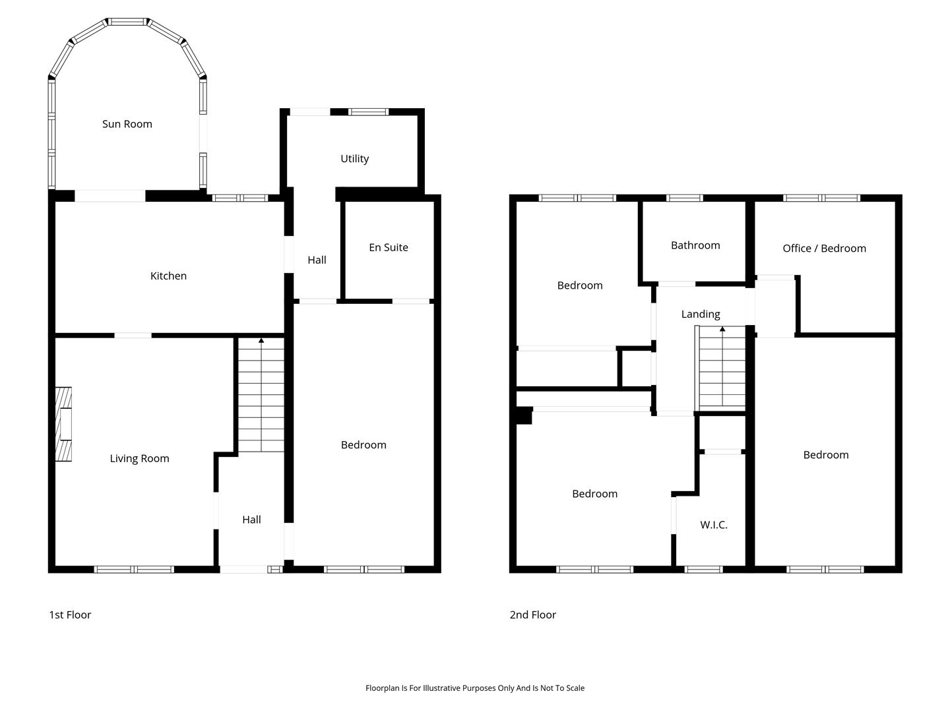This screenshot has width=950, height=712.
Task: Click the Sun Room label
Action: [x=127, y=124]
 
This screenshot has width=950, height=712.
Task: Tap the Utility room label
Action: [x=354, y=159]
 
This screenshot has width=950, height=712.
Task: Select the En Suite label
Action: [x=388, y=247]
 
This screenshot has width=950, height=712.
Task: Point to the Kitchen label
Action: [x=168, y=276]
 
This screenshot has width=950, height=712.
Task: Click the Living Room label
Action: [x=139, y=459]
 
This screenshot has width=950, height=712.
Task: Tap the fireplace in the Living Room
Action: [x=63, y=424]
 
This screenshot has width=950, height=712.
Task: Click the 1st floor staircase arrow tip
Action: [x=261, y=340]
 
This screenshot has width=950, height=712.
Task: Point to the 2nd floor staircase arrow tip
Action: [x=722, y=329]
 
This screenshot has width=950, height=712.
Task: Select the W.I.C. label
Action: [x=714, y=525]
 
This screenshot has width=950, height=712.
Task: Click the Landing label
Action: [x=701, y=314]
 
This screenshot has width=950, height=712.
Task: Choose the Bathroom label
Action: [x=695, y=245]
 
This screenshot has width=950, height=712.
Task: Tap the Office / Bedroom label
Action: [x=824, y=248]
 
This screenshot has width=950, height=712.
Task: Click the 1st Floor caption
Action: [x=70, y=614]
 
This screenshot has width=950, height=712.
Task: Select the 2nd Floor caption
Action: [x=533, y=614]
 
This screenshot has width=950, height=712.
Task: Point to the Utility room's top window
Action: [x=368, y=112]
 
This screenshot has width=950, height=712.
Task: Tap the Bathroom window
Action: [x=685, y=198]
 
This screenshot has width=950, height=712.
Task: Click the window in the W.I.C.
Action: [x=704, y=570]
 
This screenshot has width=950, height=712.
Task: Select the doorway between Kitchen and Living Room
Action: [x=133, y=336]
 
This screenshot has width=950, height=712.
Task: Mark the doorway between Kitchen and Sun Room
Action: [x=110, y=196]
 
